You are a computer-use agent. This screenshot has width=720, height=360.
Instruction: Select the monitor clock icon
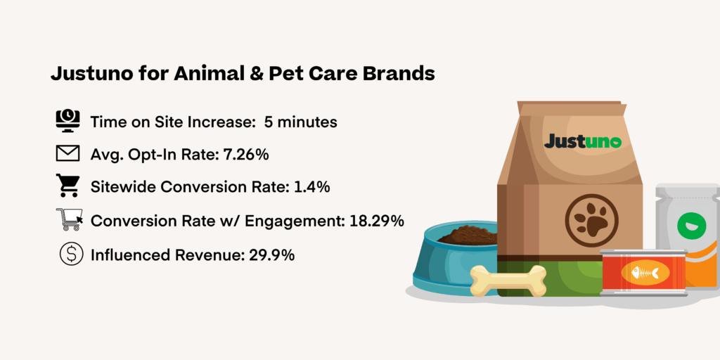coord(68,121)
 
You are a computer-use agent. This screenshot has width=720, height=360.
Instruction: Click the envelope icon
coord(68,154)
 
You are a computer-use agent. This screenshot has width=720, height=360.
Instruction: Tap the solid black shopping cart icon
coord(68,187)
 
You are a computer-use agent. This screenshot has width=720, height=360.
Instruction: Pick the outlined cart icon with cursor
coord(69,220)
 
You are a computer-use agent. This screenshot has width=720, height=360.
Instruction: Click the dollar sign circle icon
coord(68,254)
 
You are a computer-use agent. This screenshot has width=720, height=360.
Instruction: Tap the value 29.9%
coord(272,255)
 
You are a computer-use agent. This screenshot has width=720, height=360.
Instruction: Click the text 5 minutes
coord(300,122)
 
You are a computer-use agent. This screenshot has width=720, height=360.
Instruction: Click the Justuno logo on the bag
coord(582,141)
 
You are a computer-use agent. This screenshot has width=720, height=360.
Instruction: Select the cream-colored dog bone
coord(508,280)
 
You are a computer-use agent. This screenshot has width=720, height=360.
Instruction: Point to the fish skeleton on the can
coord(644,273)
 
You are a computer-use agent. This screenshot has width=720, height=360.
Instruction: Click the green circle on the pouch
coord(688,226)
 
